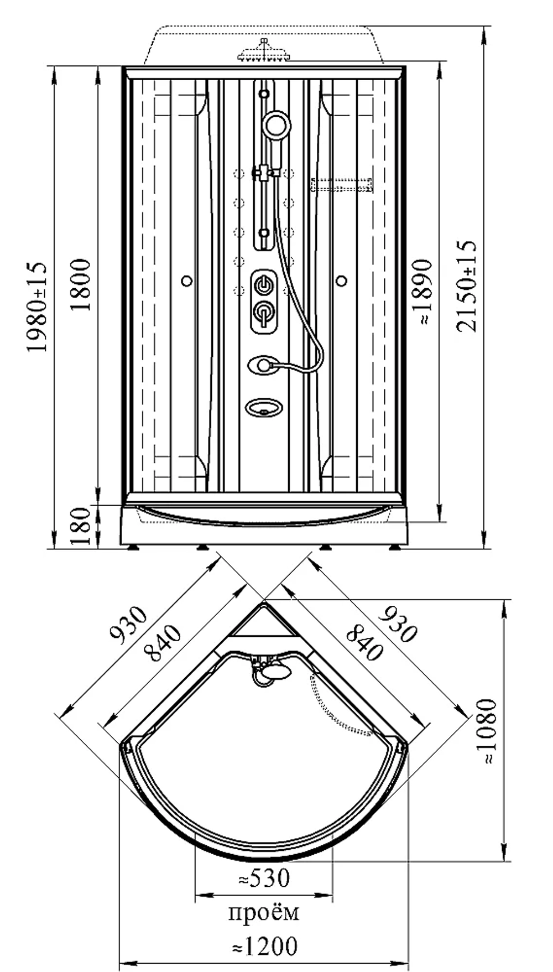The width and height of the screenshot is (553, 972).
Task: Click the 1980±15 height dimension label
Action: tap(37, 307)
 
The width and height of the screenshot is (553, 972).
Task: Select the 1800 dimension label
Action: tap(81, 284)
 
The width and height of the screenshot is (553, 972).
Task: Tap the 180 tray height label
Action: tap(81, 526)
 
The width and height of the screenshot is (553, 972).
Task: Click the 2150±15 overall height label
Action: tap(466, 286)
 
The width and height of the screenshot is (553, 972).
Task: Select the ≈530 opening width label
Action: tap(264, 878)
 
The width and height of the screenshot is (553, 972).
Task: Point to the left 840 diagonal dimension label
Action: tap(162, 643)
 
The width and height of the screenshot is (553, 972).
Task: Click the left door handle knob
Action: tap(187, 281)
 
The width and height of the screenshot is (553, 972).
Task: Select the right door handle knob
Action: tap(342, 281)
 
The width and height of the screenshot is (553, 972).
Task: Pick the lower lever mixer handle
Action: tap(264, 315)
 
